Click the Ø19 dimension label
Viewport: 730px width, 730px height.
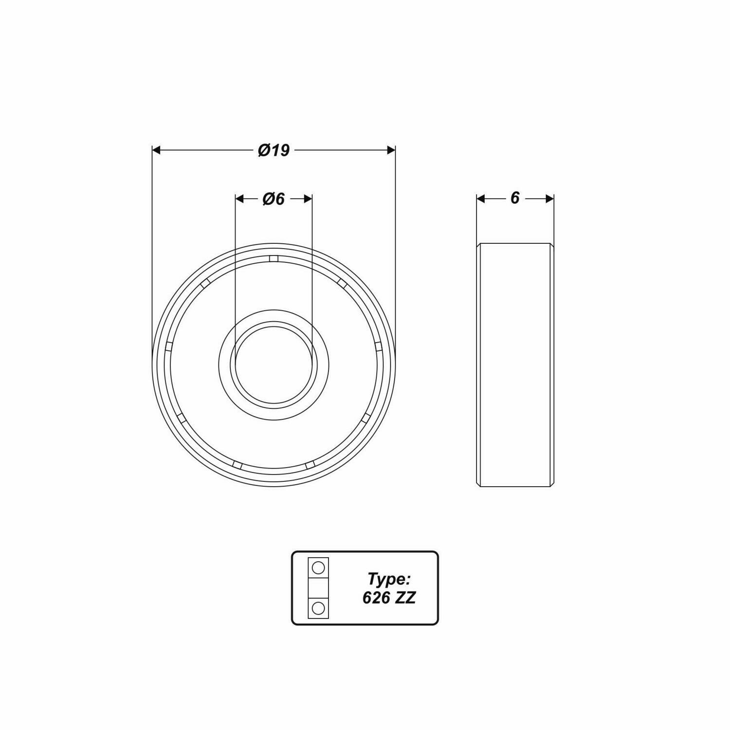(274, 150)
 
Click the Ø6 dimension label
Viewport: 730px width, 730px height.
(274, 199)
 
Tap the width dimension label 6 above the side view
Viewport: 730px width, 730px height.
(515, 198)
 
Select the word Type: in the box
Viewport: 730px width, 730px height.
(389, 579)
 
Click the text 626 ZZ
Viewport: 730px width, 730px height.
(389, 598)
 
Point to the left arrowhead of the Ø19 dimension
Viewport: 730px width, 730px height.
(156, 150)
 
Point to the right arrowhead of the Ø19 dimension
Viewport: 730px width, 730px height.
(391, 150)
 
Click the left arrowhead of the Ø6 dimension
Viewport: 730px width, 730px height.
(239, 199)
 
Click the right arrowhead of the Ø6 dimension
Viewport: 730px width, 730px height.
(308, 199)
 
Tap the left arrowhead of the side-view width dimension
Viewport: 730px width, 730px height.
(481, 199)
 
